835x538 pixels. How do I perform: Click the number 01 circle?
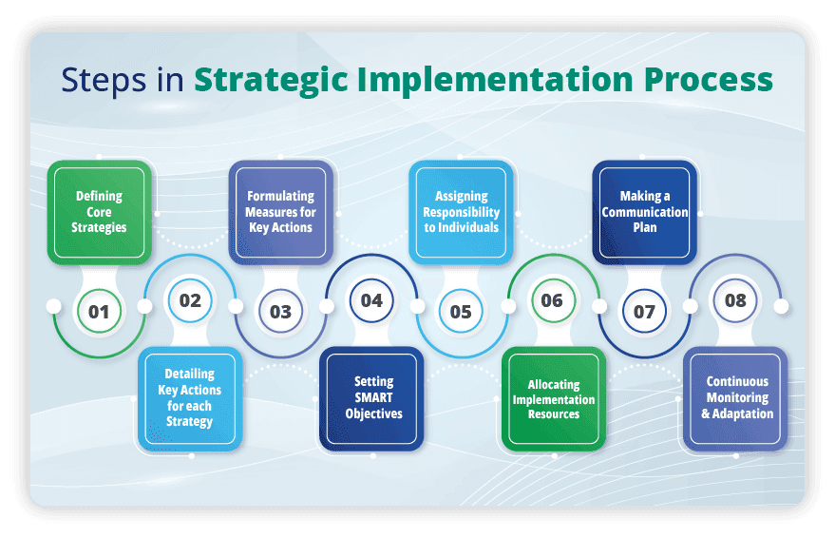coord(99,311)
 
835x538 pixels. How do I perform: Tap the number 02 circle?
coord(190,300)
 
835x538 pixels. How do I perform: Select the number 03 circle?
coord(280,311)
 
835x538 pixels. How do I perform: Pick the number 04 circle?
coord(371,300)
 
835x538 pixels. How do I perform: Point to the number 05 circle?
coord(461,311)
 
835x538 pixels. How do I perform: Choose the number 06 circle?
coord(552,300)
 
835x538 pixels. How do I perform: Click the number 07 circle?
coord(644,311)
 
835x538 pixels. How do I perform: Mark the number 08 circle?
coord(735,300)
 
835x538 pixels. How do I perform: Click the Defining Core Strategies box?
coord(100,212)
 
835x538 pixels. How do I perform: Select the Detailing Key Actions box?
coord(190,398)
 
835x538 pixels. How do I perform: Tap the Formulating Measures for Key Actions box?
coord(281,212)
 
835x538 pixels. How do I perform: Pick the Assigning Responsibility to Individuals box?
coord(461,212)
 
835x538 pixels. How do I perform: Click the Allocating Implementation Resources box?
coord(554,398)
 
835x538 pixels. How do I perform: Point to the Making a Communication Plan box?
coord(645,212)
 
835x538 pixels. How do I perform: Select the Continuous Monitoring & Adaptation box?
coord(736,398)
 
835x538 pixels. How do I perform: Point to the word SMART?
coord(373,398)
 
